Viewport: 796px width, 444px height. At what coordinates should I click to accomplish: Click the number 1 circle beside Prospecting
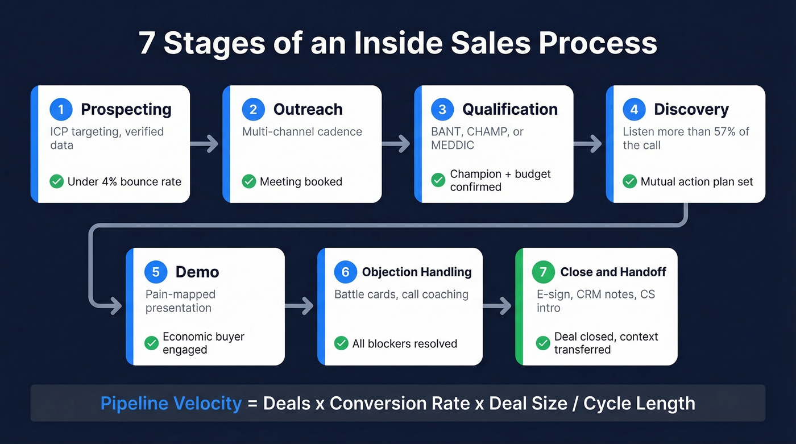tap(61, 109)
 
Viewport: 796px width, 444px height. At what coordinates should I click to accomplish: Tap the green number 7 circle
tap(543, 272)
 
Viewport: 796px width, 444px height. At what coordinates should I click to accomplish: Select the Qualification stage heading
tap(509, 109)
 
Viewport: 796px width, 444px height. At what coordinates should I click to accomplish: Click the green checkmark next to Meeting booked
tap(249, 181)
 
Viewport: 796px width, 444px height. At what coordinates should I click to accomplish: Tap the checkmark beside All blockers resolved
tap(341, 343)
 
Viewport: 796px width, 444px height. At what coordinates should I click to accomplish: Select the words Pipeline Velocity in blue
tap(171, 403)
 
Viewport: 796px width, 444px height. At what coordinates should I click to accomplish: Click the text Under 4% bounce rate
tap(124, 182)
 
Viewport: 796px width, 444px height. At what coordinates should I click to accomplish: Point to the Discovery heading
tap(691, 109)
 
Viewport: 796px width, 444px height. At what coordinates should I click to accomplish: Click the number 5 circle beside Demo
tap(156, 272)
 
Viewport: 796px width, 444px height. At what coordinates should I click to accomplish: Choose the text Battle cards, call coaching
tap(401, 294)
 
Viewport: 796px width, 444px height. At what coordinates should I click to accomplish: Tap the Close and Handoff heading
tap(613, 272)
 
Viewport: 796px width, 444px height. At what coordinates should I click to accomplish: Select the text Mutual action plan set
tap(696, 182)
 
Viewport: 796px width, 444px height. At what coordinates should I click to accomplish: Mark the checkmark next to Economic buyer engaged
tap(151, 343)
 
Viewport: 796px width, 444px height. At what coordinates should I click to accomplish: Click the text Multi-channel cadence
tap(302, 132)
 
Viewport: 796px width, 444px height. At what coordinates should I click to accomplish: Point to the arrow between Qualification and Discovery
tap(588, 144)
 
